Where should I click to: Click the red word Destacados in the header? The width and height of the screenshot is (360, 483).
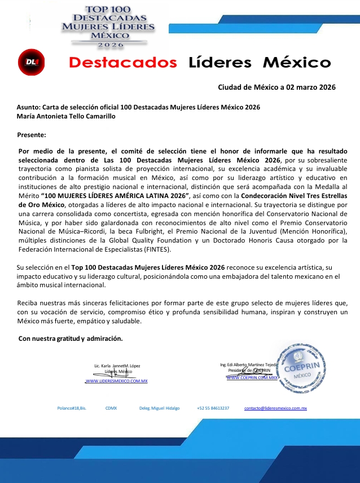point(123,62)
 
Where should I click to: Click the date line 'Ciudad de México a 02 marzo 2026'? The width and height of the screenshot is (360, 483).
point(276,87)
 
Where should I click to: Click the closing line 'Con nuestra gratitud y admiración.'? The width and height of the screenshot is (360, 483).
point(71,339)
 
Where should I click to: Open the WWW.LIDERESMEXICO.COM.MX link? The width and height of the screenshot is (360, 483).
point(116,381)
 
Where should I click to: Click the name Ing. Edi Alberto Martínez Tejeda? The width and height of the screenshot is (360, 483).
point(248,365)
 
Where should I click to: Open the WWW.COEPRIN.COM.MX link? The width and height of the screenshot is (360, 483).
point(252,378)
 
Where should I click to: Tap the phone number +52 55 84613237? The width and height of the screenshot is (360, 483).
point(213,407)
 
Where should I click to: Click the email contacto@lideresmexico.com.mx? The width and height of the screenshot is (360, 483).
point(275,407)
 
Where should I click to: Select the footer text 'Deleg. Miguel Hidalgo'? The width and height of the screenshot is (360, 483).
point(159,407)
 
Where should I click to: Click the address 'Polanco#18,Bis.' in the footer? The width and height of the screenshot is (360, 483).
point(72,407)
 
